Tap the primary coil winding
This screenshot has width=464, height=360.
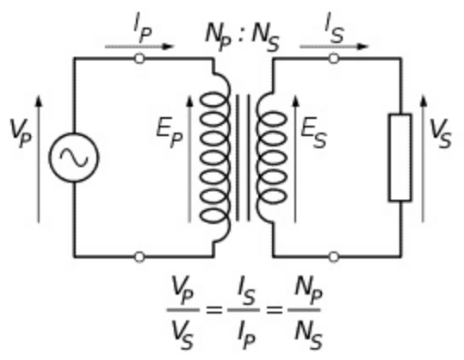228,157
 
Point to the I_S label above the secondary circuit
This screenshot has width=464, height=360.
334,28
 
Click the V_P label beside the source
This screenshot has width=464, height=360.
20,133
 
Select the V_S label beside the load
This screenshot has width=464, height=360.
441,133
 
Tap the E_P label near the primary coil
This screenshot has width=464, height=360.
170,133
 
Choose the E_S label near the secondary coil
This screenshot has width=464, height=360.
313,133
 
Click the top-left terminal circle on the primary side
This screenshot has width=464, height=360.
139,59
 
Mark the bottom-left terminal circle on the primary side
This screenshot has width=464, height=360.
139,257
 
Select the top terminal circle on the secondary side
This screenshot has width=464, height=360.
334,59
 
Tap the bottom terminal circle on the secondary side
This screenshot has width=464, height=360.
334,257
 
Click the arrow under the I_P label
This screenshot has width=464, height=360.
139,47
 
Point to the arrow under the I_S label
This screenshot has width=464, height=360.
334,47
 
